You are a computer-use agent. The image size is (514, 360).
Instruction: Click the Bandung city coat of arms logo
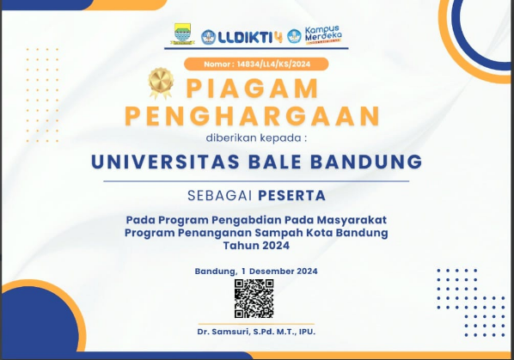click(182, 34)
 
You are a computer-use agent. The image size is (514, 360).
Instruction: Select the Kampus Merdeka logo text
click(323, 34)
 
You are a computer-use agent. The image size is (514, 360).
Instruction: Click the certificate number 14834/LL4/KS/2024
click(273, 64)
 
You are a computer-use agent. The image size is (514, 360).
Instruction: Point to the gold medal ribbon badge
click(161, 82)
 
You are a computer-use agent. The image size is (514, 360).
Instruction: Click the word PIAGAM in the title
click(253, 88)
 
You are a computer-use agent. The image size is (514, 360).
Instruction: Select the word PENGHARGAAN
click(253, 116)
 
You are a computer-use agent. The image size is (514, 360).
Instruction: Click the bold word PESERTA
click(291, 196)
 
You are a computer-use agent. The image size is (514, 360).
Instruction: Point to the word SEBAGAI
click(220, 196)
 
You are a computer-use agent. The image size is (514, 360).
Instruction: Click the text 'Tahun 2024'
click(256, 246)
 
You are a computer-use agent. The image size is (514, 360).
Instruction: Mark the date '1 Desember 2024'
click(279, 272)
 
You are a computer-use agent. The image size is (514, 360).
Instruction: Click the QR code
click(254, 298)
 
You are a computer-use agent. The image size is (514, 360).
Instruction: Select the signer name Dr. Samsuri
click(223, 332)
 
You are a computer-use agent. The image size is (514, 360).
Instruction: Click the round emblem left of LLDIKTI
click(208, 37)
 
